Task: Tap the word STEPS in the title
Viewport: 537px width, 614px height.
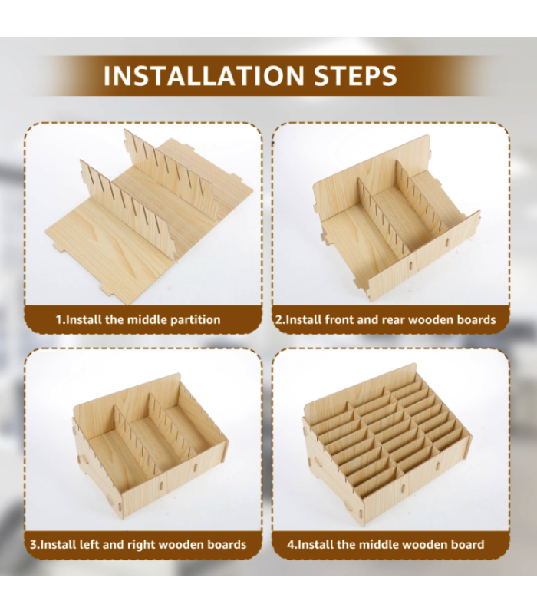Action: click(355, 75)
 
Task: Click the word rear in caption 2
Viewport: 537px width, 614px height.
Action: click(394, 320)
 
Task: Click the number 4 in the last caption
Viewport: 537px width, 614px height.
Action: click(290, 545)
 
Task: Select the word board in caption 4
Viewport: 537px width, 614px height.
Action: click(467, 544)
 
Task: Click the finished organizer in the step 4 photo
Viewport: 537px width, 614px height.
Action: click(387, 444)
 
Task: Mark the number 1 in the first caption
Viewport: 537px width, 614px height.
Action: click(59, 320)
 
